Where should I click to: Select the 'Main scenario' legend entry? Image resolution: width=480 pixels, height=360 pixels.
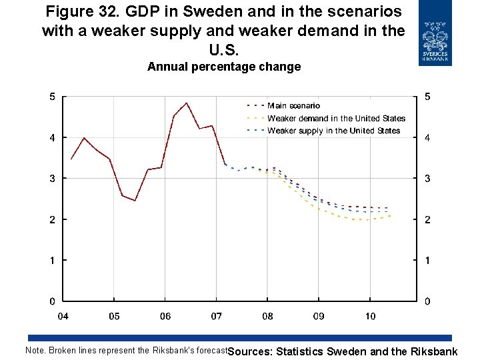coord(293,105)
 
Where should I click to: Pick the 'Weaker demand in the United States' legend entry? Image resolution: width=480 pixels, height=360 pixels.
coord(336,118)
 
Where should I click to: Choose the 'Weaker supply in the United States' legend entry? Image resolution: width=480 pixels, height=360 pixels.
coord(333,131)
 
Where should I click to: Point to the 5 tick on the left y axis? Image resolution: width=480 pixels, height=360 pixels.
coord(53,97)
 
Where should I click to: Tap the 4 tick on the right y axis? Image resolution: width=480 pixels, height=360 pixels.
coord(427,138)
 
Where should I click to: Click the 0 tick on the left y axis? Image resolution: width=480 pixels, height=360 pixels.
coord(53,301)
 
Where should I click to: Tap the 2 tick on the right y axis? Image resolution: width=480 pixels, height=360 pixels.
coord(427,220)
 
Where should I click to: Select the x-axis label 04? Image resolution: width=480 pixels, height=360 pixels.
coord(63,316)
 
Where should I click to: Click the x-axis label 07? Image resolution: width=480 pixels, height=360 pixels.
coord(217,316)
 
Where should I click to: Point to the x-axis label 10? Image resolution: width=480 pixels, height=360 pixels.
coord(371,316)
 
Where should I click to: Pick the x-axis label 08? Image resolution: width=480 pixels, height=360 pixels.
coord(267,316)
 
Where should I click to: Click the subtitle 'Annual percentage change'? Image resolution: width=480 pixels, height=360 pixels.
coord(224,67)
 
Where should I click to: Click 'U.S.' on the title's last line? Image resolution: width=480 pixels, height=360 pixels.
coord(224,49)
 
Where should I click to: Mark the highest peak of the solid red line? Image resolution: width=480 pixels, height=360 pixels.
coord(187,103)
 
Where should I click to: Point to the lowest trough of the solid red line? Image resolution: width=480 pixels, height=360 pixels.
coord(135,200)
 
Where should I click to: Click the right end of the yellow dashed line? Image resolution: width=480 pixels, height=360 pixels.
coord(390,215)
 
